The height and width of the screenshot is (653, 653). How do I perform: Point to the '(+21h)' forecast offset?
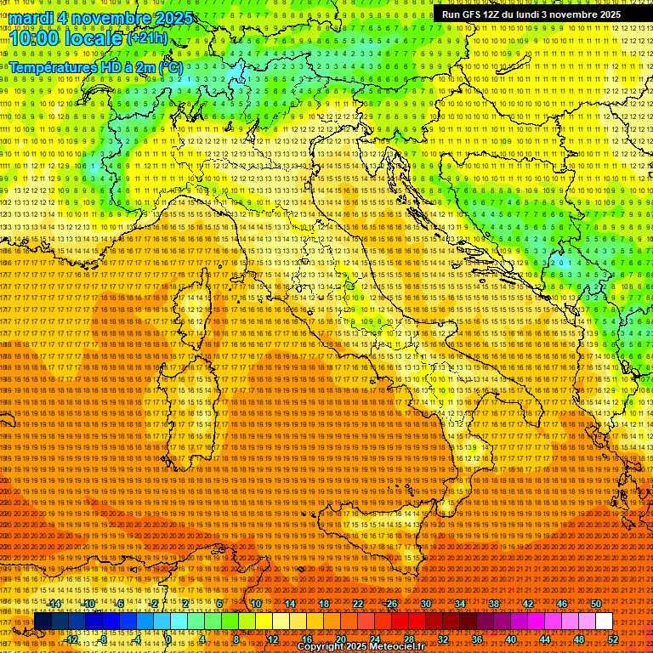tap(147, 39)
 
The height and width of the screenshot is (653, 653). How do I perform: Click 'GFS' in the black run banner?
tap(473, 14)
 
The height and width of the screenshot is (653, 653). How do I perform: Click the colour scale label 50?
tap(596, 604)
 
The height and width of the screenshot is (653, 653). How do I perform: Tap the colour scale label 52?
tap(613, 639)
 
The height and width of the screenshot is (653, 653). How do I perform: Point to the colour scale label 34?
tap(460, 604)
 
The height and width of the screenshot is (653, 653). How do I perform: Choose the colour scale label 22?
tap(358, 604)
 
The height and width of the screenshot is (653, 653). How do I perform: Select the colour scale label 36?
tap(477, 639)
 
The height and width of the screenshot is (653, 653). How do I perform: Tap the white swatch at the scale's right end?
tap(604, 622)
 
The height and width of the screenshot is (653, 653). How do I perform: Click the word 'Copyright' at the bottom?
tap(321, 647)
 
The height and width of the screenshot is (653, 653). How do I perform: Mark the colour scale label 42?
tap(528, 604)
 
